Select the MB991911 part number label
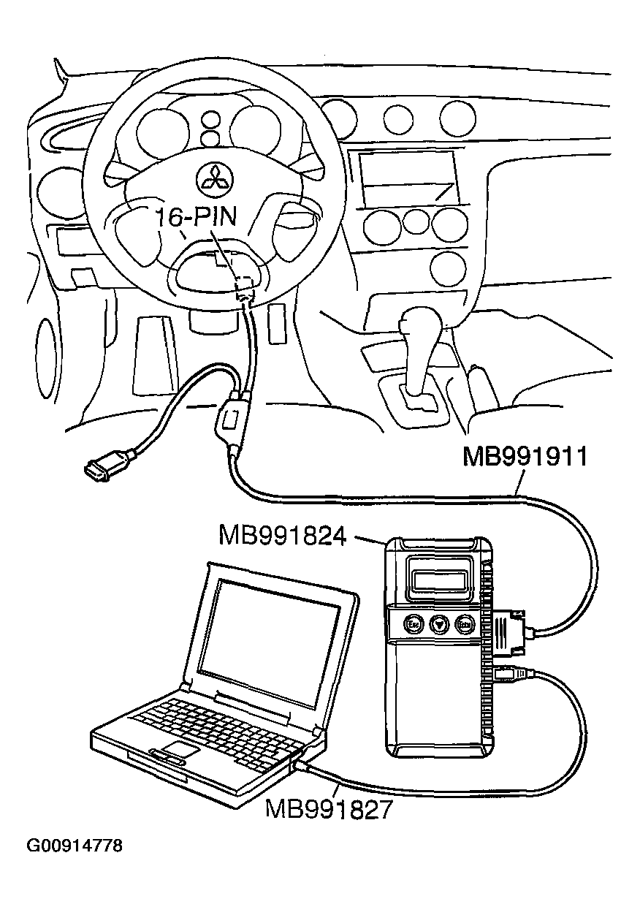click(525, 458)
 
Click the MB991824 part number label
click(282, 537)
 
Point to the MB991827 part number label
click(329, 809)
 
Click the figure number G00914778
click(75, 846)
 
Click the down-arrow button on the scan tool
click(439, 625)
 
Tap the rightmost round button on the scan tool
click(465, 625)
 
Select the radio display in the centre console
click(408, 177)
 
